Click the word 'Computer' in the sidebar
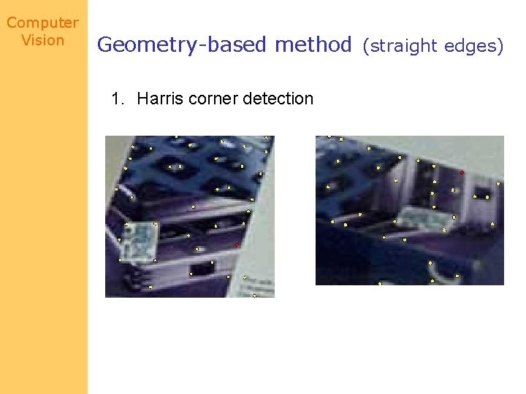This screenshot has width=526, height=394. (42, 23)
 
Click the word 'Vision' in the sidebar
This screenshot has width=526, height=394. (42, 40)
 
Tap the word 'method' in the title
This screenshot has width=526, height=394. (313, 45)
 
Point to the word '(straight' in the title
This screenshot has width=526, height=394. (401, 47)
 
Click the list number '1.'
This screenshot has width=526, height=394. (118, 98)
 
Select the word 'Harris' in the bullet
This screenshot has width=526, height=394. (160, 98)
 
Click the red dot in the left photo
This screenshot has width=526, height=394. (237, 245)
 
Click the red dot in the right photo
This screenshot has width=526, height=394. (462, 172)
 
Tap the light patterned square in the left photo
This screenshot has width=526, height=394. (141, 240)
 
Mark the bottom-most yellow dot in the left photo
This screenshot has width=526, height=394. (254, 295)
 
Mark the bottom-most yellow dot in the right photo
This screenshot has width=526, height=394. (380, 283)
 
